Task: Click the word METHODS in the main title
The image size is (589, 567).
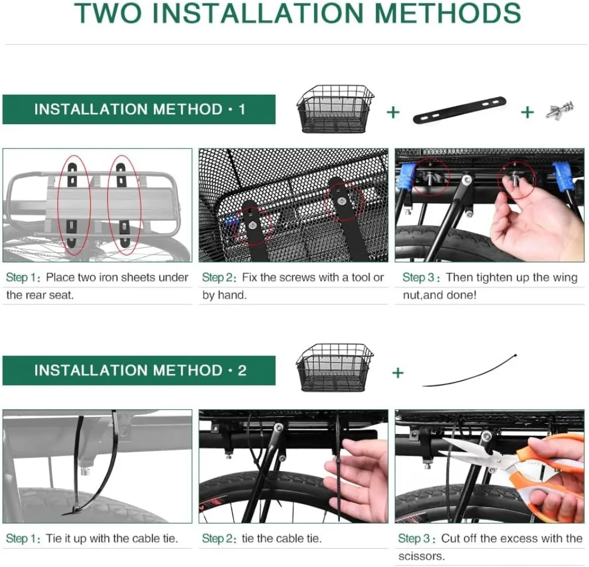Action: (448, 13)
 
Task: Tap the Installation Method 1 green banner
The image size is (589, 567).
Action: (139, 110)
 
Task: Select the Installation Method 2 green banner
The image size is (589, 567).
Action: (139, 370)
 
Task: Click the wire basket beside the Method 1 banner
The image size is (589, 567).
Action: (335, 110)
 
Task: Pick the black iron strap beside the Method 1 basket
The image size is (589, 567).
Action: (459, 110)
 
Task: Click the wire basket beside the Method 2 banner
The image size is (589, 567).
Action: (335, 368)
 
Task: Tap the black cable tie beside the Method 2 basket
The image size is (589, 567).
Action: (469, 370)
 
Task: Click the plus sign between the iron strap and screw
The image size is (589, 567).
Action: (527, 112)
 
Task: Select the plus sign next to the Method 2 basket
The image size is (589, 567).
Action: (398, 373)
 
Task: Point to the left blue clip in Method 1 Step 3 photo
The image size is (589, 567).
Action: (408, 176)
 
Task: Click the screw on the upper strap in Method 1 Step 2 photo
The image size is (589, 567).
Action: (341, 201)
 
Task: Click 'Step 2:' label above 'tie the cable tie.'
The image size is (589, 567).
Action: (219, 539)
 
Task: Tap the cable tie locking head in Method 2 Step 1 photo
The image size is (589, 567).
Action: (74, 510)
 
